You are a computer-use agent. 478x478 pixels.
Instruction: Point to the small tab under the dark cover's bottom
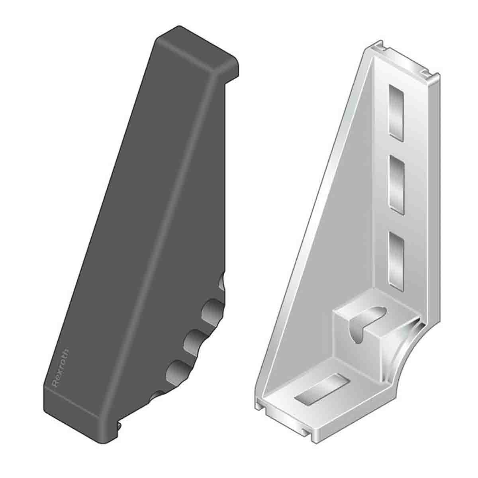120,437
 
